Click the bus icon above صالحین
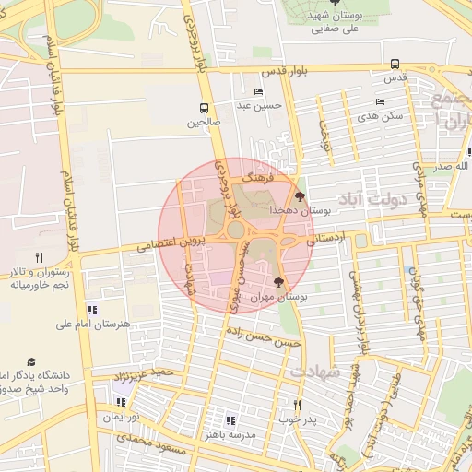204,107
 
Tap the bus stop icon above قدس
395,65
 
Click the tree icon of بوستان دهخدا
300,196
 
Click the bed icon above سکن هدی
380,101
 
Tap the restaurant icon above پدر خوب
297,405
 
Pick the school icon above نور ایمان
120,402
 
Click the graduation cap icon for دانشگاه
31,362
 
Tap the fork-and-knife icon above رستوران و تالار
38,257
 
